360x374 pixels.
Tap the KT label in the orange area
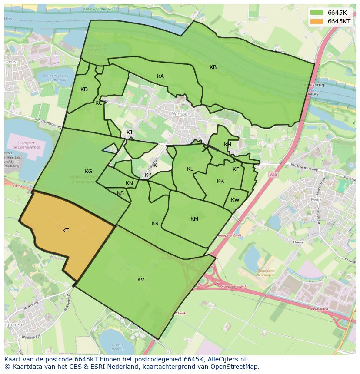pyautogui.click(x=65, y=231)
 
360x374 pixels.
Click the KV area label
pyautogui.click(x=141, y=280)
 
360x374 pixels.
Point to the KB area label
pyautogui.click(x=213, y=67)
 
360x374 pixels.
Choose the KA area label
pyautogui.click(x=160, y=76)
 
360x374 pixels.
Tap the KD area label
pyautogui.click(x=84, y=89)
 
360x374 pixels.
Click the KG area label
pyautogui.click(x=88, y=172)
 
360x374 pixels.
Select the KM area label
pyautogui.click(x=194, y=219)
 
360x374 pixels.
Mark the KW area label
pyautogui.click(x=235, y=200)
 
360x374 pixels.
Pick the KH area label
pyautogui.click(x=227, y=145)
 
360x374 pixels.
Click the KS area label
pyautogui.click(x=120, y=193)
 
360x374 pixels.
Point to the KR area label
pyautogui.click(x=155, y=224)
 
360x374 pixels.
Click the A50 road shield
pyautogui.click(x=273, y=175)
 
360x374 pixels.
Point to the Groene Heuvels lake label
pyautogui.click(x=117, y=347)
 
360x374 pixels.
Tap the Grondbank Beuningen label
pyautogui.click(x=265, y=273)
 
